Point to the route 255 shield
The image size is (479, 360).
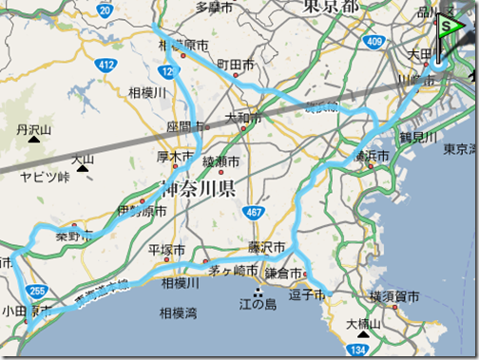[37, 292]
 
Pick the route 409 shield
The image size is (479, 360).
[375, 41]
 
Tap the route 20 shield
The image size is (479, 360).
[105, 9]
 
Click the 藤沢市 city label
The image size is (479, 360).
[268, 247]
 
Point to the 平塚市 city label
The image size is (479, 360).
[167, 250]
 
